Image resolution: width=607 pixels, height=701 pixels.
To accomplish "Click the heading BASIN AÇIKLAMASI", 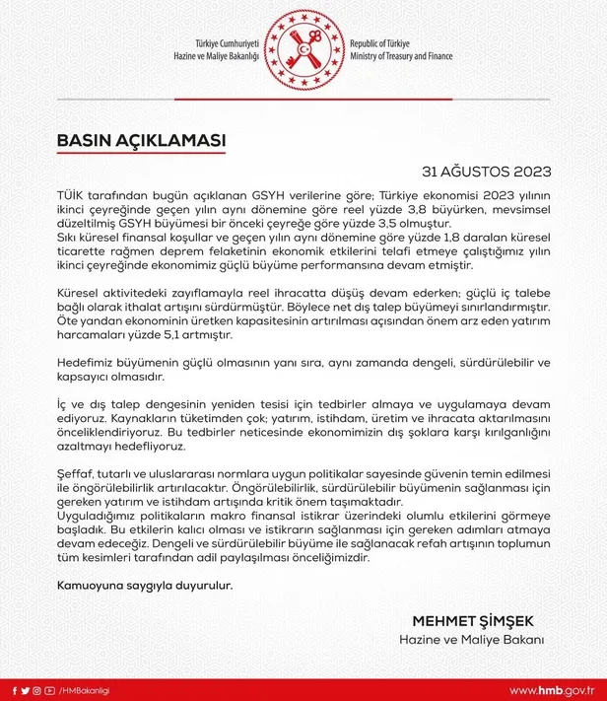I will click(x=141, y=141).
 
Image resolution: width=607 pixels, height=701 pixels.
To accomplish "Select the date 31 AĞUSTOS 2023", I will click(x=493, y=170).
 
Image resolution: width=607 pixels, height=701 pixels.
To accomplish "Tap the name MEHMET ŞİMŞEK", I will click(x=473, y=621).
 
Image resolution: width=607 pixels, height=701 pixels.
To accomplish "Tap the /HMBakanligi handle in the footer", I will click(x=84, y=688).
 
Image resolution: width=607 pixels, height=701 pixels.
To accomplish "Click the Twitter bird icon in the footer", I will click(x=25, y=688).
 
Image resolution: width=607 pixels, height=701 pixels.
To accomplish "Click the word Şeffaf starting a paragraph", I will click(x=76, y=473).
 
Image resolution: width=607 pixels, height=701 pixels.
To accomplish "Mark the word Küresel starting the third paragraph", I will click(x=82, y=293).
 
